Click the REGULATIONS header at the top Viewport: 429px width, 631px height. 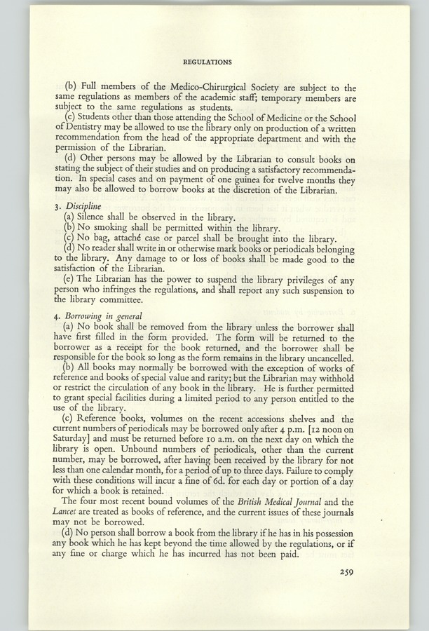[214, 62]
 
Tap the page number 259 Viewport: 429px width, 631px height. [343, 572]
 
